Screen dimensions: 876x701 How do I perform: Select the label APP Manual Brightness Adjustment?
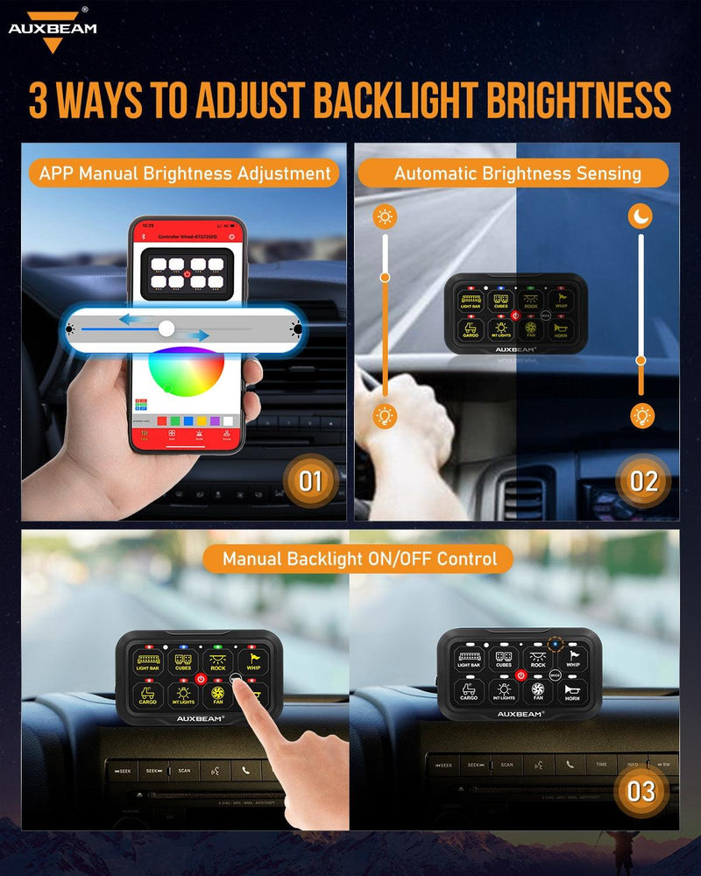[x=185, y=173]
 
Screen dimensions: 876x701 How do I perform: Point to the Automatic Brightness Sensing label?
[x=517, y=173]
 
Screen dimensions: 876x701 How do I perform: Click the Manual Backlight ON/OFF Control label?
[x=359, y=558]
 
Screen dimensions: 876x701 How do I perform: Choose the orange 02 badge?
[x=643, y=480]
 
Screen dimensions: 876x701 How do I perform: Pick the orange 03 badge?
[x=641, y=791]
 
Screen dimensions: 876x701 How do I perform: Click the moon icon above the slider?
[x=641, y=215]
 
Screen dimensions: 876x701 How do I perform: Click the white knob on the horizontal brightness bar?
[x=166, y=328]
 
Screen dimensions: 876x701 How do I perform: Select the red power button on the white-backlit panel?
[x=520, y=674]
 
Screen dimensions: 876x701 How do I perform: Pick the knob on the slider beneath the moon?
[x=641, y=360]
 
